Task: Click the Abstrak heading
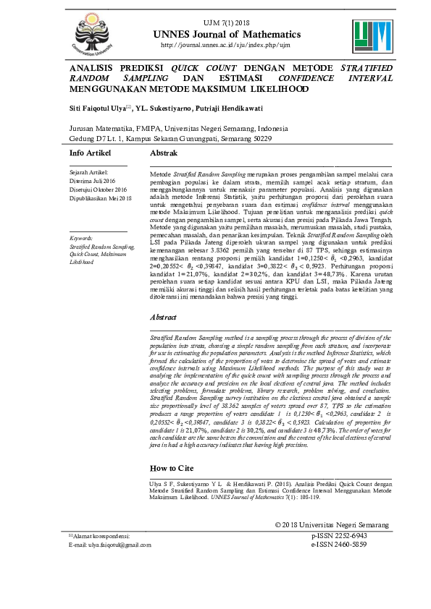164,154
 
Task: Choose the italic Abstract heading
163,318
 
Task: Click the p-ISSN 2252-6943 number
339,556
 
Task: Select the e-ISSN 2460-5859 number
339,565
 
